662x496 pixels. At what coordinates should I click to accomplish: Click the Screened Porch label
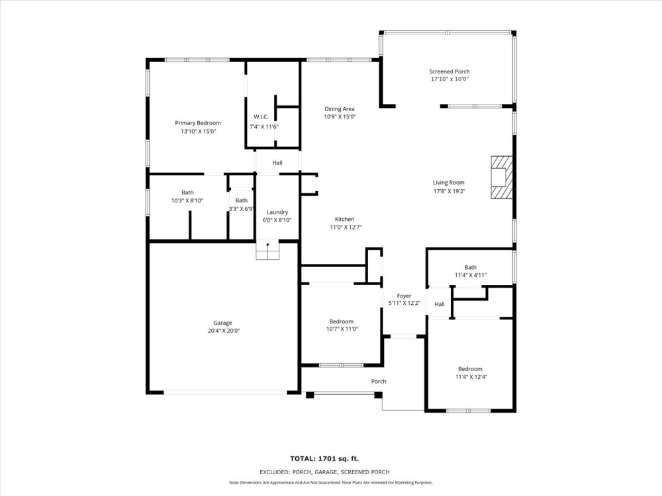pos(449,71)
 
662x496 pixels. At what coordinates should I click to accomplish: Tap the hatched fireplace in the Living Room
pos(502,177)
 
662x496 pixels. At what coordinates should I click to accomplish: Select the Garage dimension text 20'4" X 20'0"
pos(224,331)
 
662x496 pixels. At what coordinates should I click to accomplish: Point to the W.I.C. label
pos(261,117)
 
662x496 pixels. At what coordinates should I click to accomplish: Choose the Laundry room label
pos(277,212)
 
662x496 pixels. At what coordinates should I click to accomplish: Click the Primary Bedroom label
pos(198,123)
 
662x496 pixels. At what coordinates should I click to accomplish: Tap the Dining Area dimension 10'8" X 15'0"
pos(340,117)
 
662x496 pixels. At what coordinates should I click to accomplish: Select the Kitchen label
pos(344,220)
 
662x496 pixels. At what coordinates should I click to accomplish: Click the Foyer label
pos(404,296)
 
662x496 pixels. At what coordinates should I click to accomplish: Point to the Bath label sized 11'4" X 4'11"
pos(470,267)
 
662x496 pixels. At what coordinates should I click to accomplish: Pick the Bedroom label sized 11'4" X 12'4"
pos(470,369)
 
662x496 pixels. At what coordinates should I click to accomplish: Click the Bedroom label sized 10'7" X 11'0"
pos(342,321)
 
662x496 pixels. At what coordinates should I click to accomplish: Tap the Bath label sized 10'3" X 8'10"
pos(187,192)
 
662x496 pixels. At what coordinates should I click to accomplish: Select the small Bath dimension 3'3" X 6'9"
pos(242,209)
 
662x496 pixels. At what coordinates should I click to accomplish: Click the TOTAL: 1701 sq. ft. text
pos(324,458)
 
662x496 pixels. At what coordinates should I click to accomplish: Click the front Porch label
pos(379,382)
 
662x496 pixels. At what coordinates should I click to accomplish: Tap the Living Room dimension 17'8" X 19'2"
pos(449,191)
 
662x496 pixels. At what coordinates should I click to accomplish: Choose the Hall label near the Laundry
pos(277,163)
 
